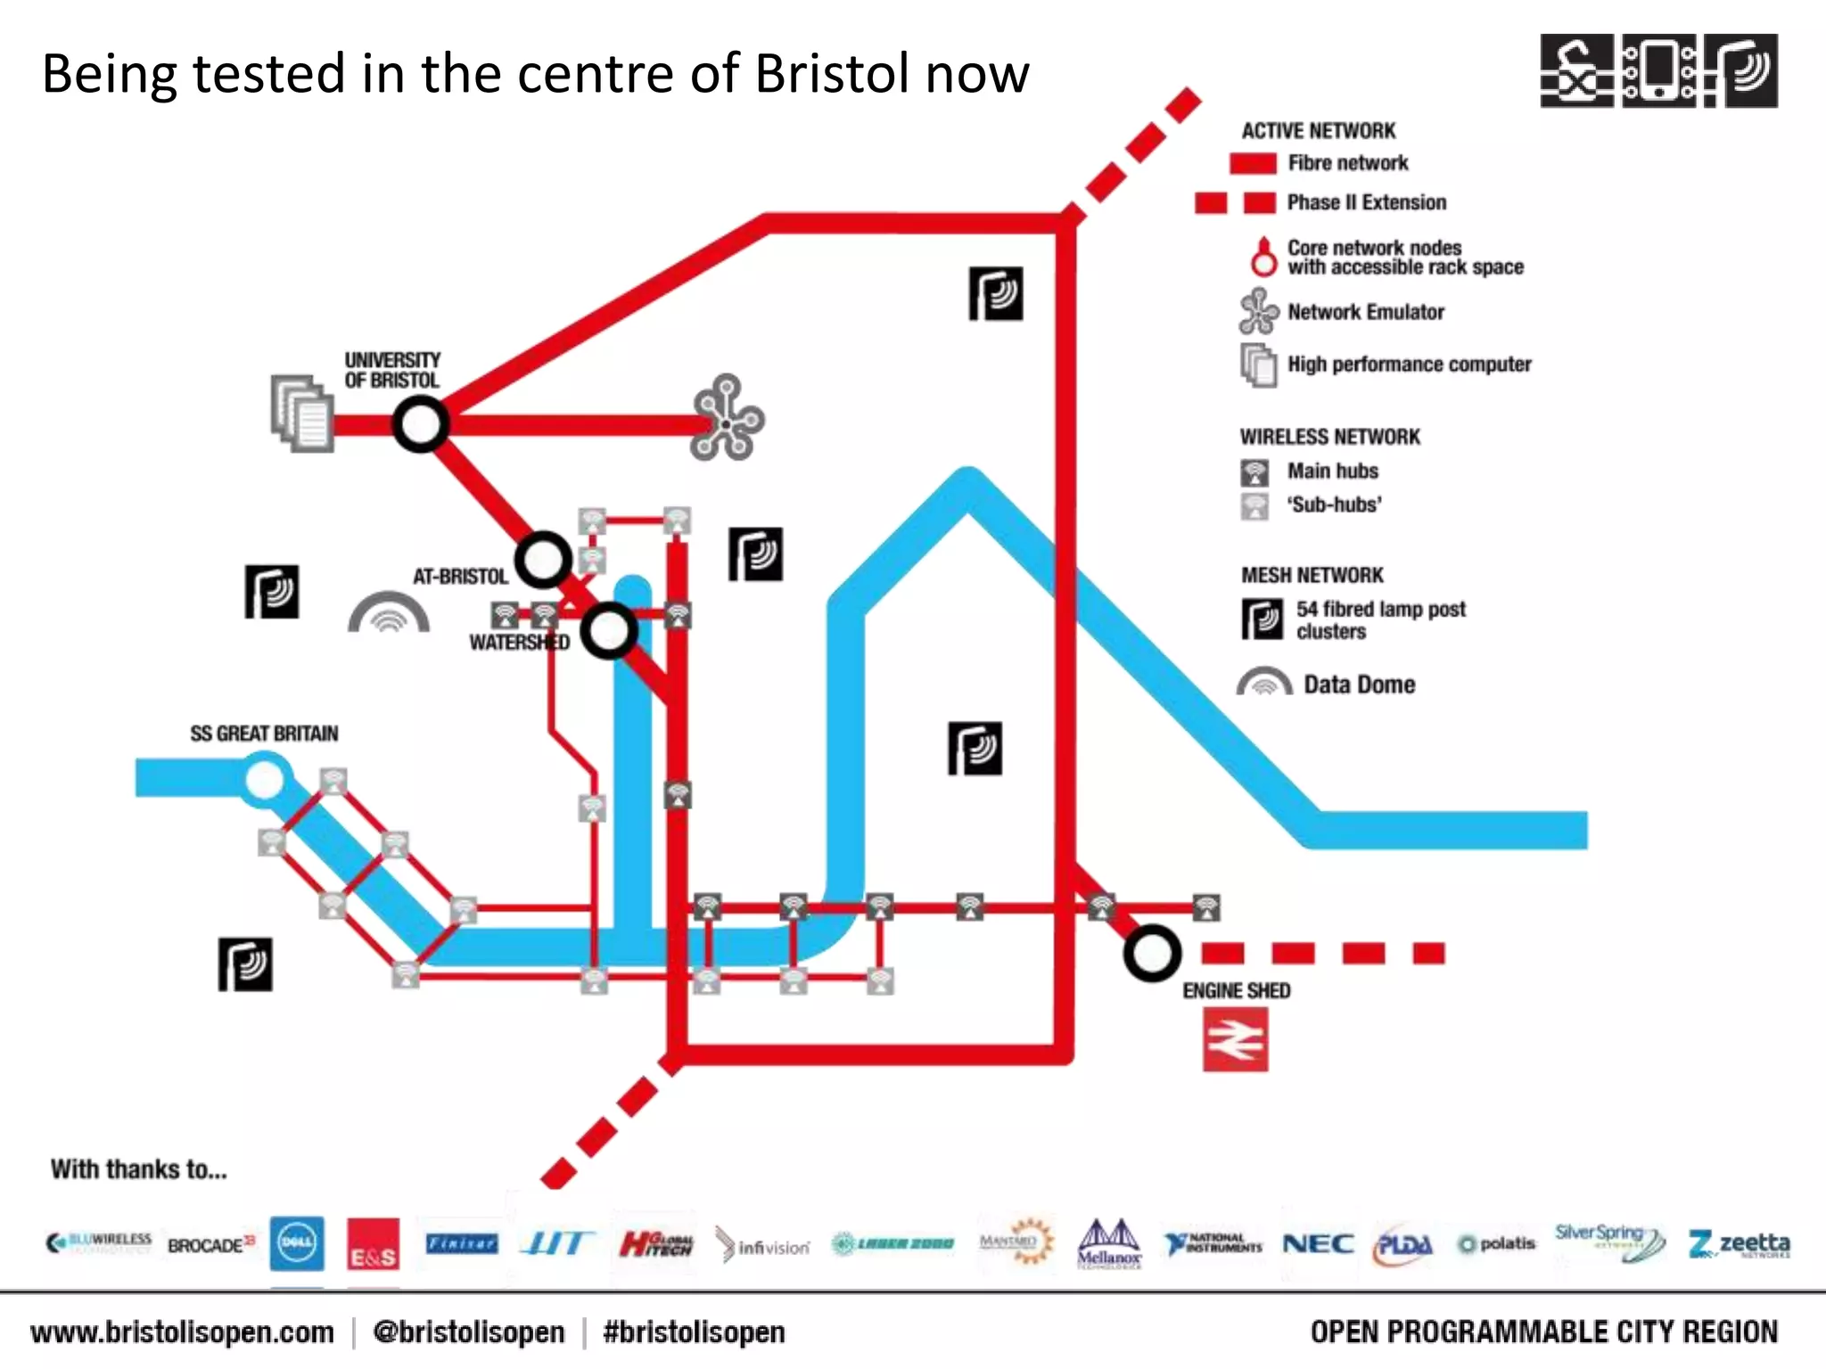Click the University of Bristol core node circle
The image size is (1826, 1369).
click(x=420, y=424)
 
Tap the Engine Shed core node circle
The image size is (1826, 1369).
click(x=1152, y=954)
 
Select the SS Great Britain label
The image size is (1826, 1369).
click(x=264, y=734)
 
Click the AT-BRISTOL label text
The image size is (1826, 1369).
click(x=460, y=577)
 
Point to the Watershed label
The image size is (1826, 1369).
click(x=519, y=643)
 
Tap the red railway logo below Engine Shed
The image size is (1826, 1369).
click(x=1235, y=1039)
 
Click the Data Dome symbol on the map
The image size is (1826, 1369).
click(x=389, y=613)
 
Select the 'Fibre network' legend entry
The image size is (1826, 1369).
click(x=1347, y=163)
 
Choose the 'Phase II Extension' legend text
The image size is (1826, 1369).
click(x=1366, y=202)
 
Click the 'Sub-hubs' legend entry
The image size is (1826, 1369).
click(x=1333, y=504)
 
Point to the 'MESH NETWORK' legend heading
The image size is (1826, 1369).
click(x=1312, y=575)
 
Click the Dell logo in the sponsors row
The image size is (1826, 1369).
click(x=297, y=1243)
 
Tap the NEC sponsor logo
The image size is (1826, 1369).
click(x=1318, y=1243)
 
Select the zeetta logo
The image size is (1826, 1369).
click(x=1739, y=1243)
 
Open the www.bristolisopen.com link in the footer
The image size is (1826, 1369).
click(x=182, y=1332)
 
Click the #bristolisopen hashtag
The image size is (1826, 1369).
click(x=694, y=1332)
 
